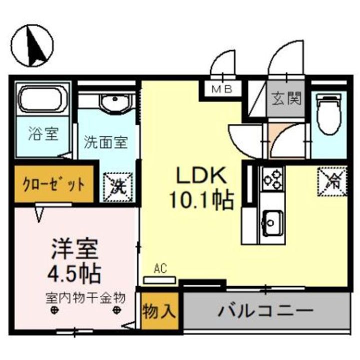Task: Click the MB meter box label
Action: click(222, 90)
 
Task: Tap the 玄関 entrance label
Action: click(286, 98)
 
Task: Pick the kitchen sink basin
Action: click(273, 220)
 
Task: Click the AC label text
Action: click(160, 269)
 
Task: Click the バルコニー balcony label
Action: click(265, 311)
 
